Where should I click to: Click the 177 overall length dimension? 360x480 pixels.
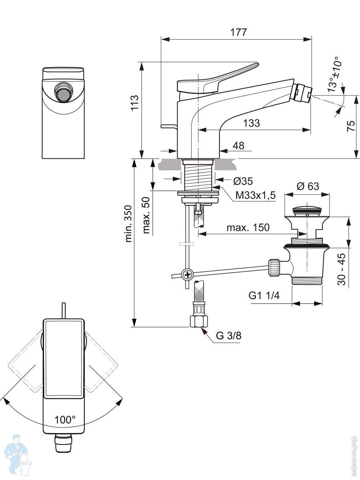click(239, 32)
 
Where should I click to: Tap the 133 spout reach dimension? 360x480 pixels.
click(251, 123)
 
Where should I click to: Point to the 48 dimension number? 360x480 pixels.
click(238, 146)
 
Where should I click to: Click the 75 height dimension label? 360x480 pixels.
click(350, 126)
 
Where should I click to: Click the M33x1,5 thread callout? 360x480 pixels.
click(256, 195)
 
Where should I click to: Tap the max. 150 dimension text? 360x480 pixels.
click(248, 228)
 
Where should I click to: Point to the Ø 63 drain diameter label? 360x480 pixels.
click(308, 186)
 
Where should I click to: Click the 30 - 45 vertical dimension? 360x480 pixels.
click(342, 269)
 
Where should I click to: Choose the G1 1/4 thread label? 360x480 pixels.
click(265, 296)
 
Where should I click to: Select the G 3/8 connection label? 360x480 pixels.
click(229, 336)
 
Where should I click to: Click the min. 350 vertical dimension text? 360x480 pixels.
click(128, 224)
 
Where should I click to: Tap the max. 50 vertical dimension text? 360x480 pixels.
click(147, 216)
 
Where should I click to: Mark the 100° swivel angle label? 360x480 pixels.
click(65, 420)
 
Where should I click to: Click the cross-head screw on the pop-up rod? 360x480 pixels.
click(187, 274)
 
